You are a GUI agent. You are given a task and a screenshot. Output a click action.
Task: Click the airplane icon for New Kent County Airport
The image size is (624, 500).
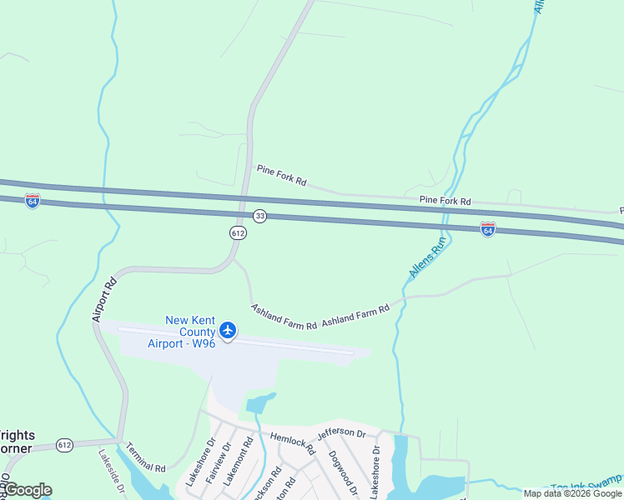coord(228,331)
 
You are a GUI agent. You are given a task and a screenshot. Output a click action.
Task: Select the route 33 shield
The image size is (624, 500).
coord(260,216)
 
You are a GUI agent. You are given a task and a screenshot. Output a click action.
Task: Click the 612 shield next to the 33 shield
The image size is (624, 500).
coord(239,233)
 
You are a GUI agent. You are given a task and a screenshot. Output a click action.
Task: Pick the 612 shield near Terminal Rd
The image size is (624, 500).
coord(64,446)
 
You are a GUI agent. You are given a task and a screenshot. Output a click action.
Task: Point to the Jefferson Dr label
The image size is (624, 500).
coord(340,434)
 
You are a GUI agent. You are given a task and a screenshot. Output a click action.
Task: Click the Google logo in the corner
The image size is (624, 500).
coord(27,489)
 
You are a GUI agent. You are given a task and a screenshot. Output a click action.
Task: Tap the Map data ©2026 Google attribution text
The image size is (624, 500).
coord(571,493)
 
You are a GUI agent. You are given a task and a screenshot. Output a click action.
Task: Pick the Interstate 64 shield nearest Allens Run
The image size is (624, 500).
coord(488,227)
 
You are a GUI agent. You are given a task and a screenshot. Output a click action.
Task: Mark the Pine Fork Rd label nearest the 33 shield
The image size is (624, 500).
coord(281,176)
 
